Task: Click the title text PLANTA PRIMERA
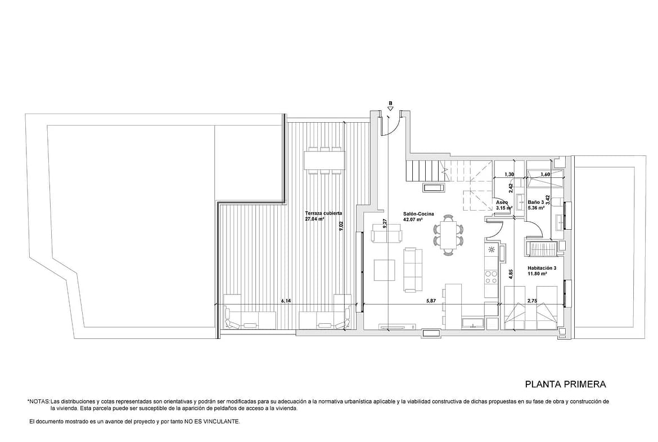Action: [565, 384]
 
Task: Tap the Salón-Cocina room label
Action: [418, 214]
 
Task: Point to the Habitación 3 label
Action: [542, 268]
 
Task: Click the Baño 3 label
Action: [536, 202]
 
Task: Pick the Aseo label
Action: [502, 202]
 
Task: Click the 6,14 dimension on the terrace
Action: [286, 301]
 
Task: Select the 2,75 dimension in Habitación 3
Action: [532, 301]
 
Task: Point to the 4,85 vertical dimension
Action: [511, 274]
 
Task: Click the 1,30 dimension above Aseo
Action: [509, 175]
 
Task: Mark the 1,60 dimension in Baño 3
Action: [546, 175]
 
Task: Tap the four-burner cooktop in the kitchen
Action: [491, 276]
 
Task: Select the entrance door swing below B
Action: [390, 127]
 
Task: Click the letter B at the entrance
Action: [390, 102]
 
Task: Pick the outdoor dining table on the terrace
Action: [325, 160]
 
